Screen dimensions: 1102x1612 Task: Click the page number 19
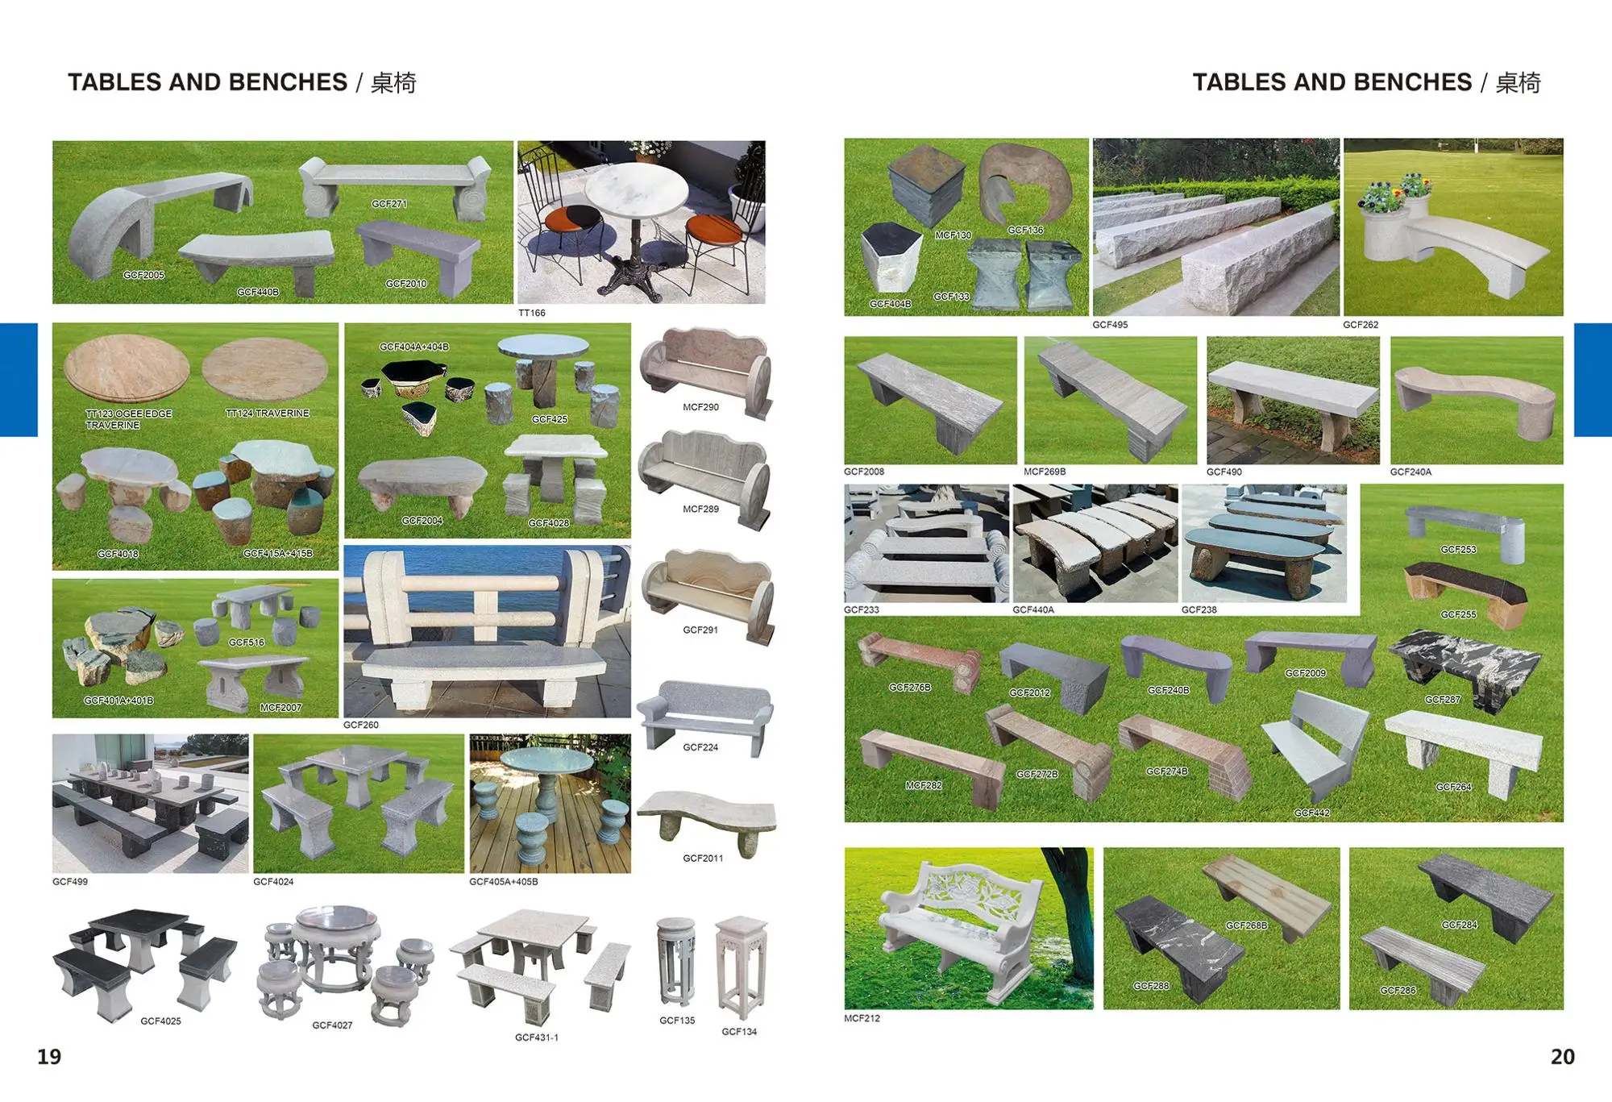coord(49,1057)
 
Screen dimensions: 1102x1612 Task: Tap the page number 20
coord(1562,1057)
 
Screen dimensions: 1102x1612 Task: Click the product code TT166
coord(531,313)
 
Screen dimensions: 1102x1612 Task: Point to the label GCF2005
coord(143,275)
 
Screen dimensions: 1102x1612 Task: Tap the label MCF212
coord(862,1018)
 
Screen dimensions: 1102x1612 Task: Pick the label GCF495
coord(1110,325)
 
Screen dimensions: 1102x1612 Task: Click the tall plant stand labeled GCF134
coord(740,967)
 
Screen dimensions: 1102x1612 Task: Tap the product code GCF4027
coord(332,1025)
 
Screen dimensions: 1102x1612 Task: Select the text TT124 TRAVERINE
coord(267,414)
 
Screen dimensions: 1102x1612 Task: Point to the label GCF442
coord(1311,813)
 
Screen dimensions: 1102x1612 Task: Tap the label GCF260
coord(360,725)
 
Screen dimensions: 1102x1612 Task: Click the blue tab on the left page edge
coord(19,380)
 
